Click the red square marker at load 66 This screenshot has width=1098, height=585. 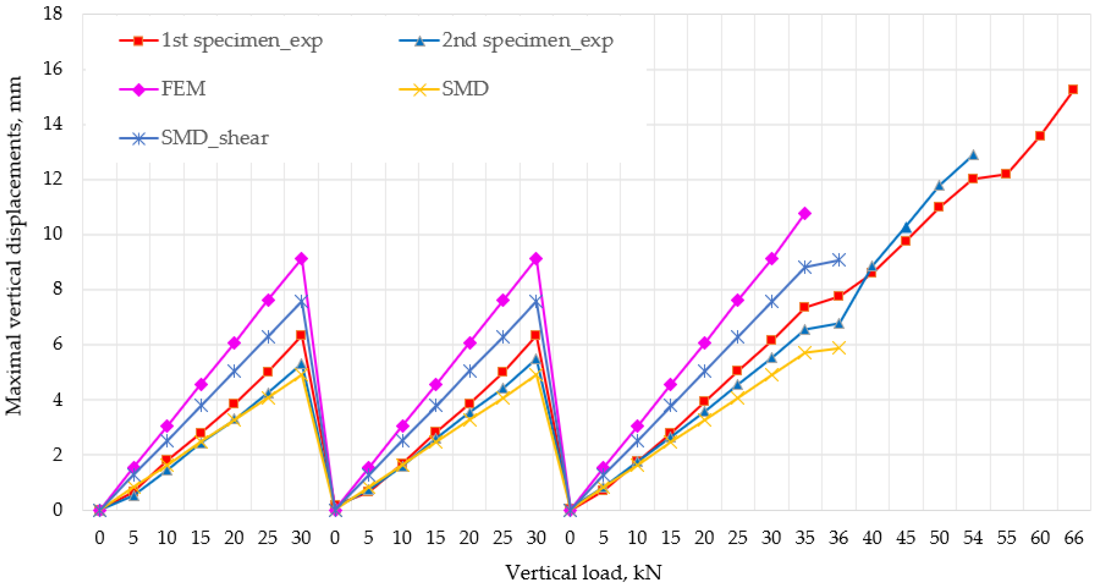coord(1073,89)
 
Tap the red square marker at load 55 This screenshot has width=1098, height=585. coord(1006,174)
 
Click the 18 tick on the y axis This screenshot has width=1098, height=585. coord(53,14)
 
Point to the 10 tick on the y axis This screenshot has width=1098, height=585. coord(53,234)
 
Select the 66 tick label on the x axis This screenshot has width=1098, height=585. coord(1073,538)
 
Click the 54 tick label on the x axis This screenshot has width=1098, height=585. coord(973,538)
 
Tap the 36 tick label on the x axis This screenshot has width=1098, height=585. coord(838,538)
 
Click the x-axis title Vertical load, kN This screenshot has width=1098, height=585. coord(583,572)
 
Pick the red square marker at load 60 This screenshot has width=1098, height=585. coord(1040,136)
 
